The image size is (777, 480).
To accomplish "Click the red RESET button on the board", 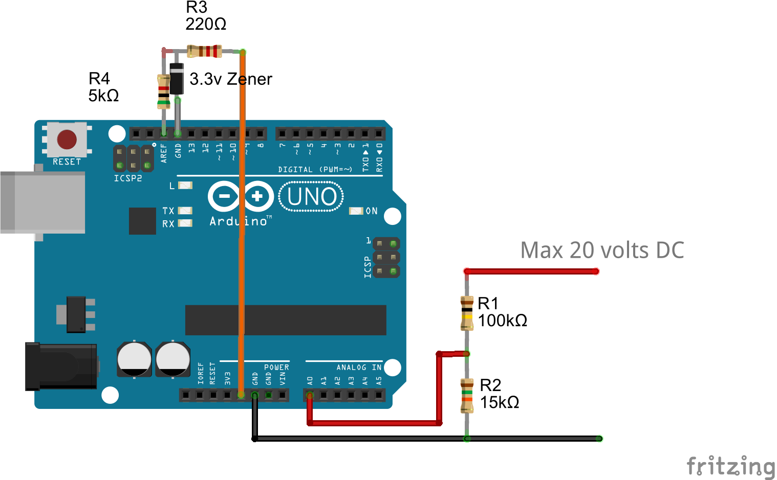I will pos(67,139).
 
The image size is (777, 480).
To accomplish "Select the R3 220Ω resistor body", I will pos(204,51).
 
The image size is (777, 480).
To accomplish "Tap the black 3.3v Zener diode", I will pos(177,78).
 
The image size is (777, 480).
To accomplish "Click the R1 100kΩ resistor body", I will pos(467,312).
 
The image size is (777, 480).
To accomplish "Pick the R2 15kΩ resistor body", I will pos(467,395).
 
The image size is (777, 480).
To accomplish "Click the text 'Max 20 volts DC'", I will pos(602,250).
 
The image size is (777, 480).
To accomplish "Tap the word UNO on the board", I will pos(312,197).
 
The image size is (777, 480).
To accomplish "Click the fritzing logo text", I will pos(730,466).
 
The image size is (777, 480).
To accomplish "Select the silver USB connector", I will pos(43,202).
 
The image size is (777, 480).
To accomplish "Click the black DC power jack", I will pos(61,367).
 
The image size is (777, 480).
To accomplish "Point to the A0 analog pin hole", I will pos(310,395).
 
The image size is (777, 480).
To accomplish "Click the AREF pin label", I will pos(164,153).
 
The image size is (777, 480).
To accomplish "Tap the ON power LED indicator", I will pos(356,211).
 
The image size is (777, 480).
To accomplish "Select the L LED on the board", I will pos(185,185).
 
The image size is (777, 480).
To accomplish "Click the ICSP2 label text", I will pos(128,178).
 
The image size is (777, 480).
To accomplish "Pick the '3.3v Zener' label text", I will pos(230,79).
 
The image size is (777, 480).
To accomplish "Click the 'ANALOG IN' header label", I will pos(358,367).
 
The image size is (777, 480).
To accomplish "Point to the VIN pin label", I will pos(283,379).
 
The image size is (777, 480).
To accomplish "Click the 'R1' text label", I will pos(488,304).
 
